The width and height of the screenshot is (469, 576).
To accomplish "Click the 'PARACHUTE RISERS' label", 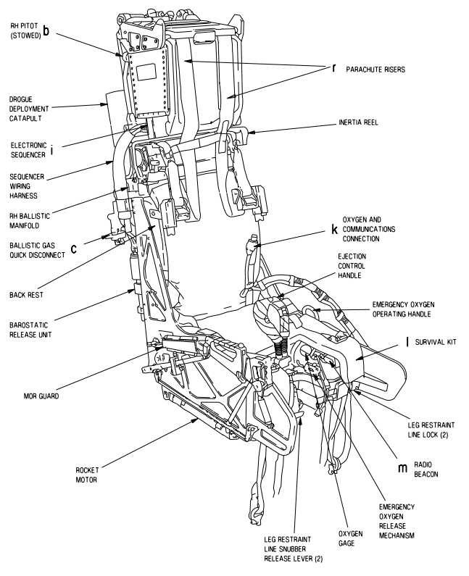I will click(375, 70).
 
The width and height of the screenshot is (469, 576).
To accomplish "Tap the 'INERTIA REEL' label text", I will click(357, 122).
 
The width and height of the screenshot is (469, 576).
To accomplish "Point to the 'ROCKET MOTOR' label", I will click(87, 475).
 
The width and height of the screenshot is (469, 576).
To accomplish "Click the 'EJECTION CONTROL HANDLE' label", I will click(352, 266).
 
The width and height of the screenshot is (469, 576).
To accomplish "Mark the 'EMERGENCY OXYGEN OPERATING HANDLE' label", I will click(402, 309).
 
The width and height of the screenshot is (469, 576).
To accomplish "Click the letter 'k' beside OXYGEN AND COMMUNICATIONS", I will click(334, 228).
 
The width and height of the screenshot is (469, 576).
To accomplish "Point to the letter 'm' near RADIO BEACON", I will click(402, 467).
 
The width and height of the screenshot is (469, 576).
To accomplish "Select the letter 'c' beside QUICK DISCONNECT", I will click(73, 250).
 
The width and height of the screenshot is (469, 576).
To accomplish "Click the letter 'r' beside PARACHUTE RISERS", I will click(334, 69).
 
